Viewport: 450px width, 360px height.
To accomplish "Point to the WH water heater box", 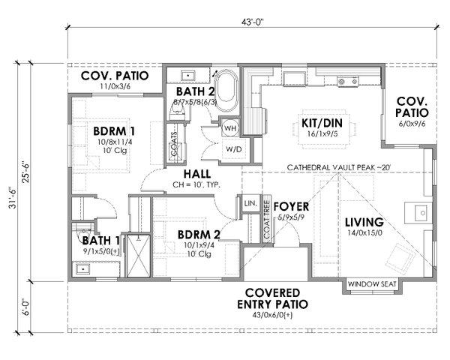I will point(231,127).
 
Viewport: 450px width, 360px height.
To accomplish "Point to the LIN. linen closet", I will point(248,204).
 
